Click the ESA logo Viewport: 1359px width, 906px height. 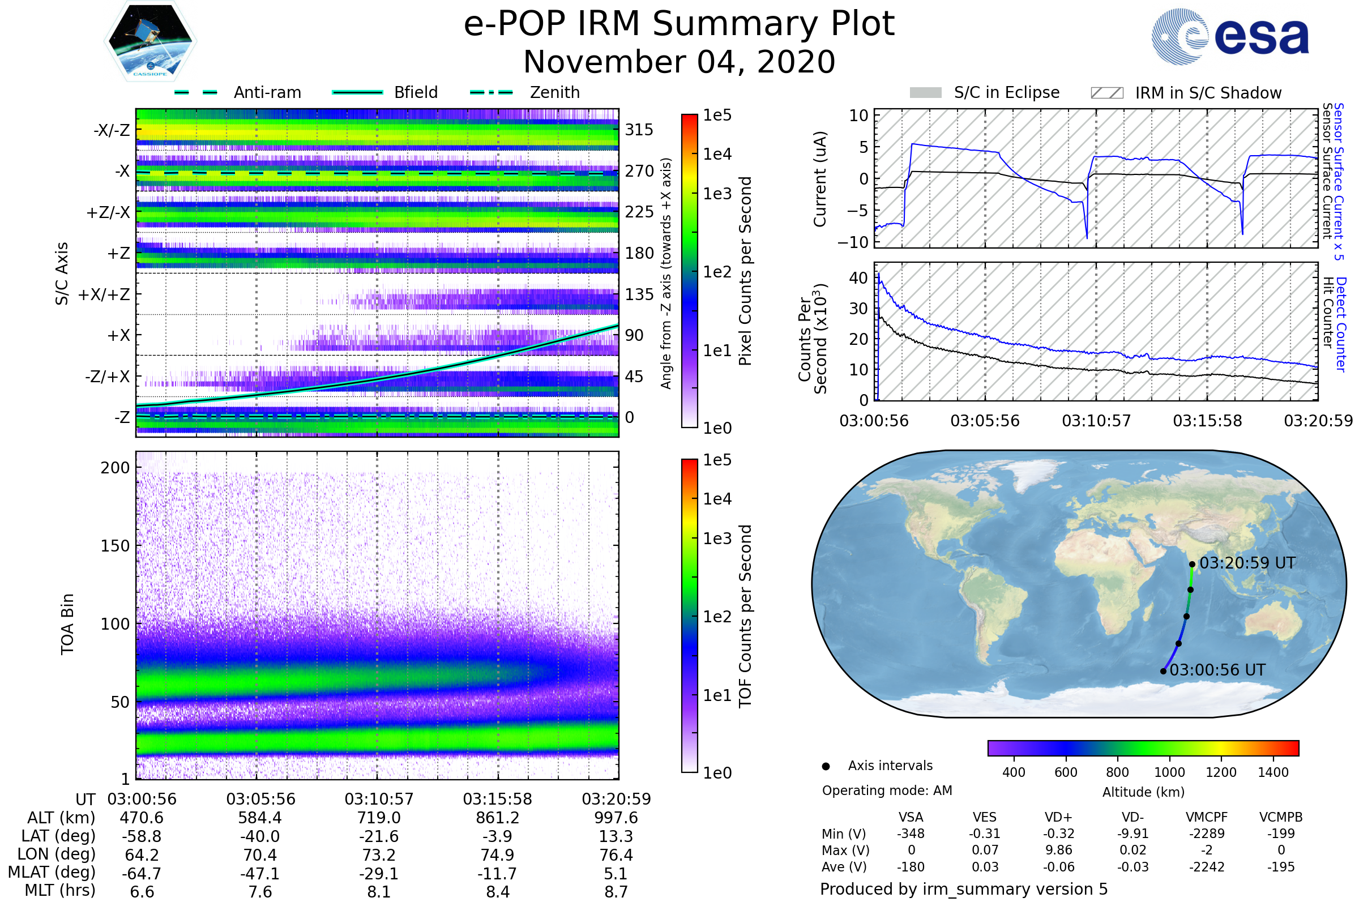tap(1230, 36)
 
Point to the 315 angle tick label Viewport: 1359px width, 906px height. tap(639, 130)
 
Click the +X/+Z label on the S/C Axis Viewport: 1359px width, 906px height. tap(104, 294)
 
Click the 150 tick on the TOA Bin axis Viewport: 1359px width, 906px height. tap(115, 546)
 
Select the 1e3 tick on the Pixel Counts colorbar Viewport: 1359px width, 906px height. tap(717, 194)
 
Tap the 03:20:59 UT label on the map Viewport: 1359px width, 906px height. tap(1247, 563)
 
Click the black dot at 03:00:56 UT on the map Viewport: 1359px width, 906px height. tap(1163, 672)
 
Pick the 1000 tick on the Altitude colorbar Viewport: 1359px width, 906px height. tap(1169, 772)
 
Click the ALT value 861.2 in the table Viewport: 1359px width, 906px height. tap(498, 818)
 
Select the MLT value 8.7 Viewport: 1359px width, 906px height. tap(616, 891)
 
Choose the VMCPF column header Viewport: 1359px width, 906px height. tap(1207, 817)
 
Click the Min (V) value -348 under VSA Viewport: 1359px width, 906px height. tap(911, 834)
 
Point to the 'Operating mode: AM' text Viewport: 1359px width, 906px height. tap(887, 790)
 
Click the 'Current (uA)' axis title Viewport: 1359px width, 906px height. tap(820, 179)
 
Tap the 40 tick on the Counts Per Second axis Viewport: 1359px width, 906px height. tap(858, 278)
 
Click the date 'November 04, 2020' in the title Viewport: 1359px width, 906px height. tap(679, 62)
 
